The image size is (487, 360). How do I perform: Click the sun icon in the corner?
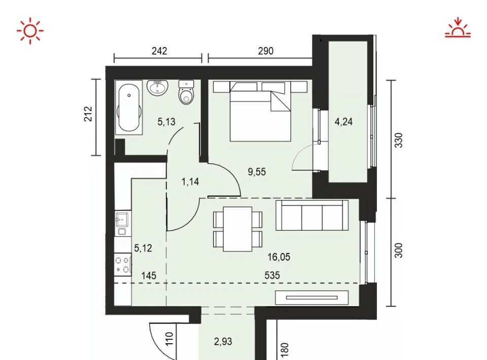(30, 31)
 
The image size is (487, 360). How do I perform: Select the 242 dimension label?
(159, 51)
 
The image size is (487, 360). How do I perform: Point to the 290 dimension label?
(265, 51)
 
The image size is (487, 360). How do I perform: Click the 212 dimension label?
(88, 114)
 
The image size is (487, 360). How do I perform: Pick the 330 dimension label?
(399, 140)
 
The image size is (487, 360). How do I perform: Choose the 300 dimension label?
(399, 250)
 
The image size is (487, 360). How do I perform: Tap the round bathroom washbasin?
(157, 87)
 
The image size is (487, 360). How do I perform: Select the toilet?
(186, 92)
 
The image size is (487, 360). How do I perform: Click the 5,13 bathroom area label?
(166, 122)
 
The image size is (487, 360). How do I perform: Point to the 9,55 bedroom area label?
(257, 171)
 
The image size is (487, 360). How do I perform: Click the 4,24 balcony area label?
(343, 121)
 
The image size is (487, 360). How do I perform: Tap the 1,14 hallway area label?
(190, 182)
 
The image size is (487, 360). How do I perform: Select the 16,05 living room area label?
(279, 257)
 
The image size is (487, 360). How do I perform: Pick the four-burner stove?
(123, 265)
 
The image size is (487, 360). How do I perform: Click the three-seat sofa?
(312, 215)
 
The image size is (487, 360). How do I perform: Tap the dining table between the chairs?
(237, 229)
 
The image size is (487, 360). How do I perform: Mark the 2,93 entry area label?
(223, 341)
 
